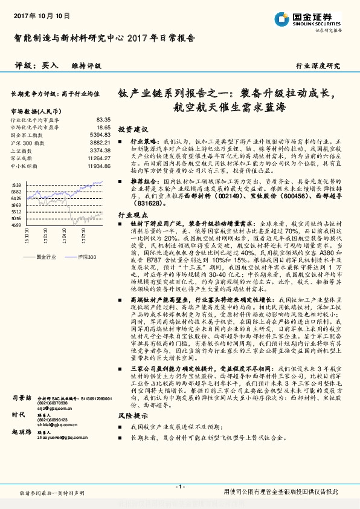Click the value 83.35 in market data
(103, 120)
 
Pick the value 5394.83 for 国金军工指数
(100, 135)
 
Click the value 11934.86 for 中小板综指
(98, 165)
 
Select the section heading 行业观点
(132, 215)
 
